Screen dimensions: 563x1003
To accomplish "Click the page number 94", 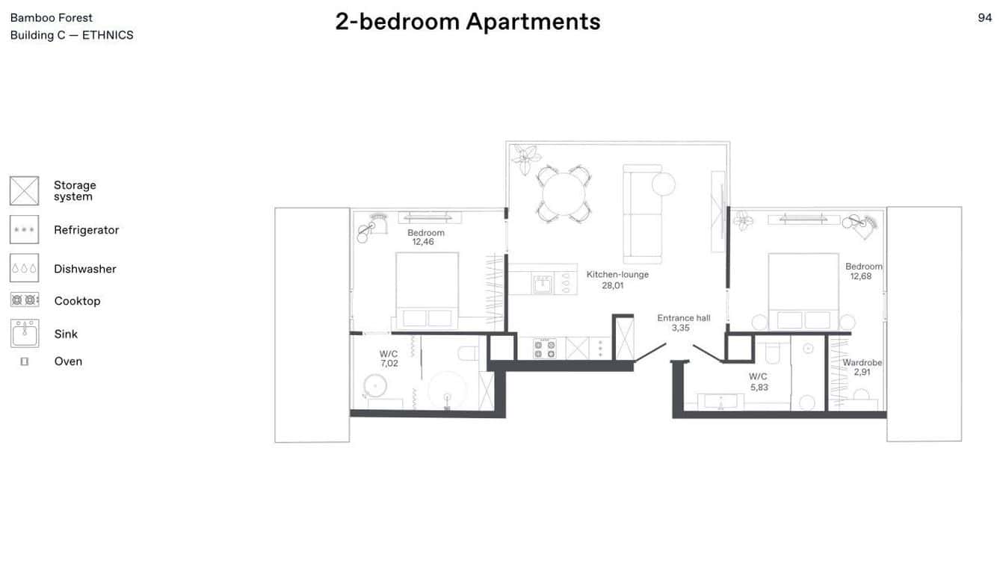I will point(984,18).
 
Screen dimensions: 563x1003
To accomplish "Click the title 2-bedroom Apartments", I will point(467,22).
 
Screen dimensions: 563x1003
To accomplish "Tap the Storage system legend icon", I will point(25,190).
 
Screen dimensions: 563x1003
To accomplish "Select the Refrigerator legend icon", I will point(25,230).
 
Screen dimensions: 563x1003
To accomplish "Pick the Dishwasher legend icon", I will point(25,268).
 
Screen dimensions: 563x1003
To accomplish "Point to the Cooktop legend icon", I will point(25,300).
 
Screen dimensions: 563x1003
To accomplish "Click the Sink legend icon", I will point(25,333).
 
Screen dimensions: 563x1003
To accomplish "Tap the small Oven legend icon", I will point(25,361).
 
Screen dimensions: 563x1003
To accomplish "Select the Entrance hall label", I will point(683,318).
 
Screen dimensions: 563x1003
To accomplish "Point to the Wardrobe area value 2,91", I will point(862,372).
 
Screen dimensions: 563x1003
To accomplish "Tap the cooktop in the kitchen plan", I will point(544,349).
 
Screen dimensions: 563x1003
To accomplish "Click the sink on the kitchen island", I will point(543,284).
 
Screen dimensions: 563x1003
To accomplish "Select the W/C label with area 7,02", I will point(389,354).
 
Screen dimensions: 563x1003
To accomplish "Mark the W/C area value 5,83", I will point(759,388).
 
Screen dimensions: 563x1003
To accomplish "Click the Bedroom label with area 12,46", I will point(426,233).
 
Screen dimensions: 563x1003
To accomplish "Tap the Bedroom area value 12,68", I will point(860,276).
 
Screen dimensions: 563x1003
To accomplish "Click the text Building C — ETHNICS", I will point(72,35).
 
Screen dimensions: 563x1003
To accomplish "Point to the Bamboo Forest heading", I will point(52,18).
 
